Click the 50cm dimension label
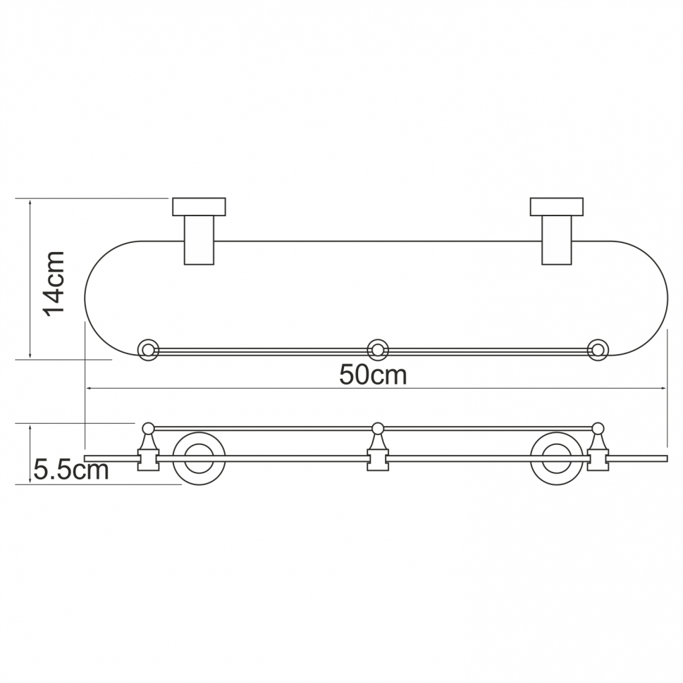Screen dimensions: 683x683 click(373, 375)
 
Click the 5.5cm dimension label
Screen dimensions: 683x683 click(70, 470)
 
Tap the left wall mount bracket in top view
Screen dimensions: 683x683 click(199, 230)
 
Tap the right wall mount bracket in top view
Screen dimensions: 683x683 click(556, 230)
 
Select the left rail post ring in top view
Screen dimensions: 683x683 click(147, 350)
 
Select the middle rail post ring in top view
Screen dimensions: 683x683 click(378, 350)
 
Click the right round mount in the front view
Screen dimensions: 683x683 click(557, 458)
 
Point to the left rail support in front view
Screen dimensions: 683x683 click(148, 448)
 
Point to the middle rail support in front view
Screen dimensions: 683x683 click(378, 448)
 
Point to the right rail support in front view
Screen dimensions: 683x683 click(598, 448)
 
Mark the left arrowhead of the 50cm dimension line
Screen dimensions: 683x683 click(88, 388)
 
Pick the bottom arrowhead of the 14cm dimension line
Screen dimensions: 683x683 click(30, 356)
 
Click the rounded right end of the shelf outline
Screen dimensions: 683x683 click(664, 299)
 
